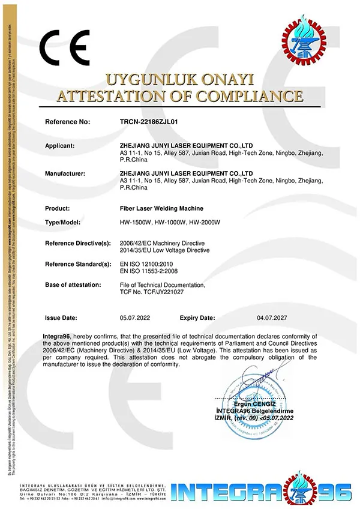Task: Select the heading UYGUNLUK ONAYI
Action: (x=180, y=79)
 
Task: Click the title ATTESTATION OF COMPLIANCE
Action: (x=180, y=96)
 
